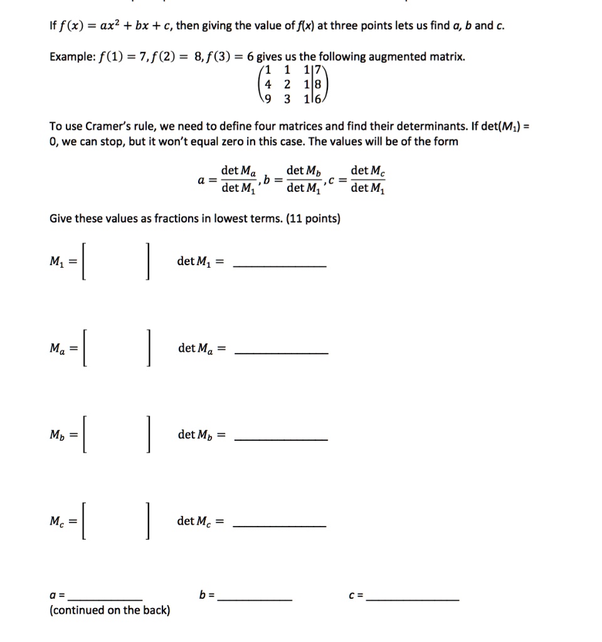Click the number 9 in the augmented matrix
coord(270,98)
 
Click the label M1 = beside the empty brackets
coord(62,262)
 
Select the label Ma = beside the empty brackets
coord(63,349)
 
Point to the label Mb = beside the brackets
coord(63,435)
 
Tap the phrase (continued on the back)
coord(110,610)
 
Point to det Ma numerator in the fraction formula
coord(238,171)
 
